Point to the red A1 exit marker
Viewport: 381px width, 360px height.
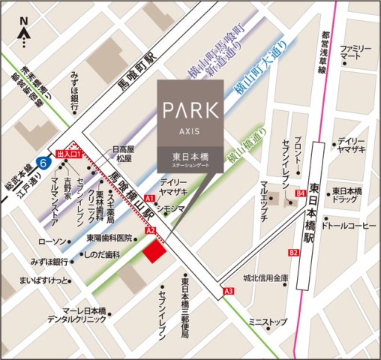pyautogui.click(x=149, y=198)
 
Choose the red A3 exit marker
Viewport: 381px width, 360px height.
pyautogui.click(x=229, y=291)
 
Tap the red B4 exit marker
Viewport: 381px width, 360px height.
pyautogui.click(x=301, y=193)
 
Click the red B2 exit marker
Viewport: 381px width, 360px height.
pyautogui.click(x=293, y=253)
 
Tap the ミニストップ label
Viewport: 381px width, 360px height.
pyautogui.click(x=268, y=322)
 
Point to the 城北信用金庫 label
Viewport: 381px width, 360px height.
pyautogui.click(x=266, y=277)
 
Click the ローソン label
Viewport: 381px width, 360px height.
pyautogui.click(x=52, y=242)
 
